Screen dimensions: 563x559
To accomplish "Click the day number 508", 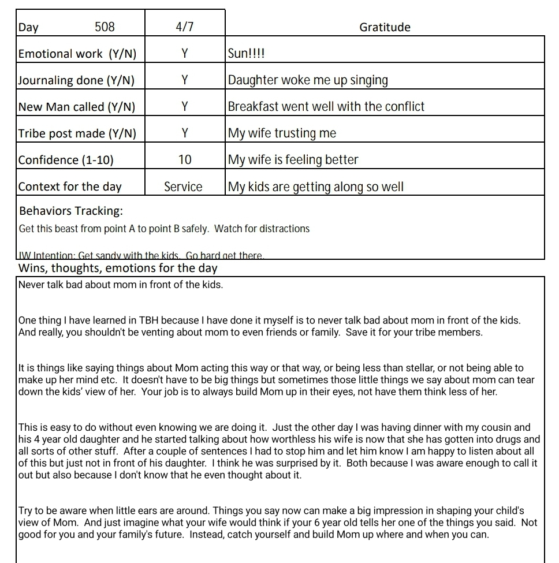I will point(105,27).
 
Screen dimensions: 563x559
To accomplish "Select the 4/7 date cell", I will point(184,27).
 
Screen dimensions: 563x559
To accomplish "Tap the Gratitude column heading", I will point(385,27).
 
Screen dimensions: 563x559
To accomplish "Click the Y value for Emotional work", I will point(184,54).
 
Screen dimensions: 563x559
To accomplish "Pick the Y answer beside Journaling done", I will point(184,80).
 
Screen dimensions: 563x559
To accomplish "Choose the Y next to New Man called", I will point(184,107).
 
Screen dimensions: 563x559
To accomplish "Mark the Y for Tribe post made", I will point(184,133).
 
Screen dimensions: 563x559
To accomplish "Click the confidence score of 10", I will point(184,160).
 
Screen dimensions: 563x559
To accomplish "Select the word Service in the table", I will point(183,187).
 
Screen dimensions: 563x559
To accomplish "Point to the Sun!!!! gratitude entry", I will point(247,54).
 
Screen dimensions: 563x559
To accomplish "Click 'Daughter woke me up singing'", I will point(308,80).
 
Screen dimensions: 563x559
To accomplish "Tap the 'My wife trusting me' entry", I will point(282,133).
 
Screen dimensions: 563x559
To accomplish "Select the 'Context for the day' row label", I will point(70,187).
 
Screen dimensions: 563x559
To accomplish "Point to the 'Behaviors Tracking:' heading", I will point(71,211).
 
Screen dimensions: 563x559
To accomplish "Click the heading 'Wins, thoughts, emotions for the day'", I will point(118,268).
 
